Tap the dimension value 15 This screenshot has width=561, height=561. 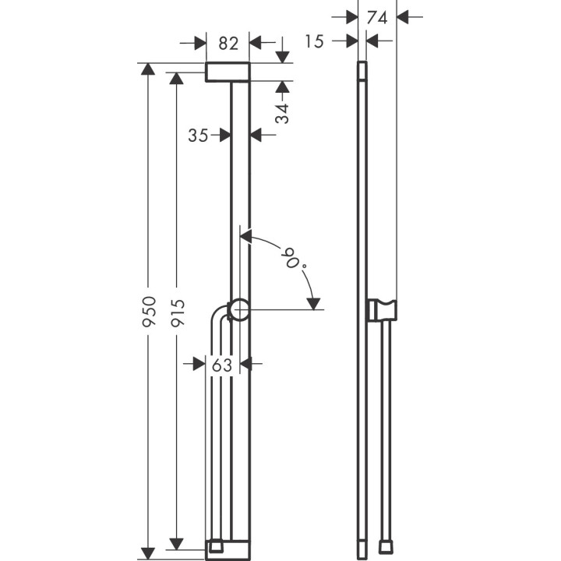pos(314,42)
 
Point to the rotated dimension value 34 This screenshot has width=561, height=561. pos(282,113)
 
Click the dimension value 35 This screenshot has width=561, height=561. pos(199,136)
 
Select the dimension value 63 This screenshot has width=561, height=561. pos(223,363)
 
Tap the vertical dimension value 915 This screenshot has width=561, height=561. pos(178,312)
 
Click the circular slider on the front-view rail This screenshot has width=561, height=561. pos(239,309)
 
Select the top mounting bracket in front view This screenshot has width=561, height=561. pos(228,72)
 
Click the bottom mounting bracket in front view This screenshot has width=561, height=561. pos(228,549)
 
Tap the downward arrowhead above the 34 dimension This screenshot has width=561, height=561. pos(282,56)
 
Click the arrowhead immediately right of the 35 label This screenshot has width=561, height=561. pos(224,136)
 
